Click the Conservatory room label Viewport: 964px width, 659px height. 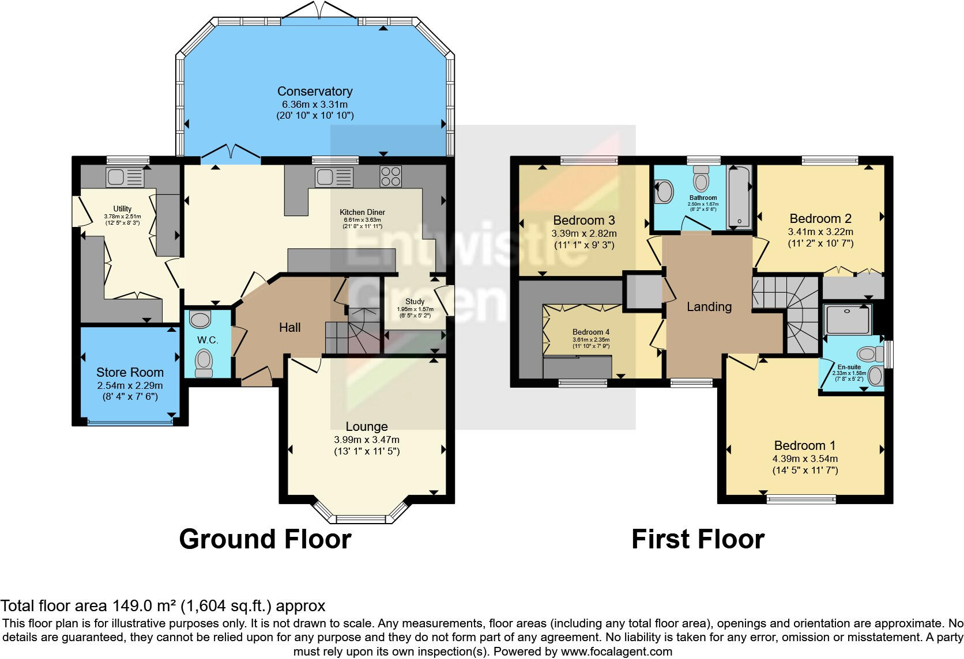click(x=314, y=91)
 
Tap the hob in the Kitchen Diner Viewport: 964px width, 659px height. click(x=391, y=176)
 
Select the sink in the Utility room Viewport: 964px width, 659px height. click(x=125, y=177)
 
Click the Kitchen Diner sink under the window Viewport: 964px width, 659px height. click(x=334, y=177)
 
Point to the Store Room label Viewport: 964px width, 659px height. click(x=130, y=372)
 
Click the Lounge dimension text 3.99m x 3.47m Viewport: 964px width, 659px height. click(x=366, y=440)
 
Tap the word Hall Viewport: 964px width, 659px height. click(x=289, y=327)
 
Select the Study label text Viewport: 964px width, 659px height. click(x=415, y=301)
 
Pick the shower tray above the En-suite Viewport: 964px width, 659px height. click(x=848, y=319)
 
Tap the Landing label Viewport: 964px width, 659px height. click(x=709, y=306)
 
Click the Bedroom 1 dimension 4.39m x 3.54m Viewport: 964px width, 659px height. click(x=805, y=459)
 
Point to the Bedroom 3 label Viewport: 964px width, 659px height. click(x=583, y=220)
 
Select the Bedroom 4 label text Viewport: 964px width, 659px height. click(x=590, y=332)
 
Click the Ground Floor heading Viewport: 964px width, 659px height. click(x=265, y=539)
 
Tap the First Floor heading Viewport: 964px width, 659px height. click(x=698, y=539)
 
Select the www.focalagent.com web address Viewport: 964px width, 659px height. click(x=616, y=652)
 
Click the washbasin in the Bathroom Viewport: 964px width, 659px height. click(x=664, y=192)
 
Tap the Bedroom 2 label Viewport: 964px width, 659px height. click(x=820, y=218)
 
